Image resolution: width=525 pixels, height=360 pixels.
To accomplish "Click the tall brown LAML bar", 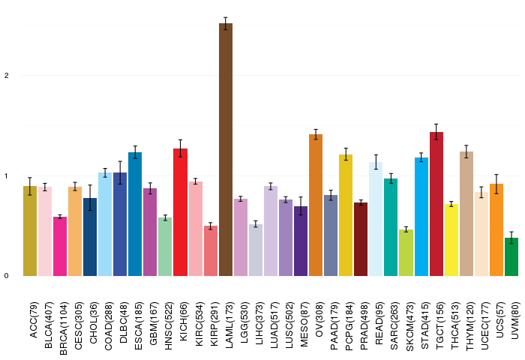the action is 226,150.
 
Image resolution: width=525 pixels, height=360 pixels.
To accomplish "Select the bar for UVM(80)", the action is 511,256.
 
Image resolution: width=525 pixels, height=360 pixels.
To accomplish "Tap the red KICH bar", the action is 181,212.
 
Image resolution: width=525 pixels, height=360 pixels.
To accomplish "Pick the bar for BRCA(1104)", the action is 60,247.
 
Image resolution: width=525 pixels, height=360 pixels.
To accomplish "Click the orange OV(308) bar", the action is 316,205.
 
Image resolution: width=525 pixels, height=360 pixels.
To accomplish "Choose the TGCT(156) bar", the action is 436,204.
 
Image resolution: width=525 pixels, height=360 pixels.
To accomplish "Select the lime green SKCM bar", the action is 406,253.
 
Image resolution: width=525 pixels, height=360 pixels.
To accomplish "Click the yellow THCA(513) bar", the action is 451,240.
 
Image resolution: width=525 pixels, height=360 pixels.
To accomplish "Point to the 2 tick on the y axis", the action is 6,76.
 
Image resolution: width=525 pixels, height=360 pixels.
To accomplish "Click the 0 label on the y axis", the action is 6,276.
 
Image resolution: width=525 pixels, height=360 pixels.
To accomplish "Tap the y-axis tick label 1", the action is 6,175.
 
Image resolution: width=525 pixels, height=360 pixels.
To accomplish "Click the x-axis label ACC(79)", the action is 34,320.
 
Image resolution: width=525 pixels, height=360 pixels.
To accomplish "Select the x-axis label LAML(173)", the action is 229,325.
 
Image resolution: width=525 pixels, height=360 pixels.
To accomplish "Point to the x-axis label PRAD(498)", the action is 364,326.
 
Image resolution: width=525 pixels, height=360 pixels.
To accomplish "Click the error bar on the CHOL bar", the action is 90,197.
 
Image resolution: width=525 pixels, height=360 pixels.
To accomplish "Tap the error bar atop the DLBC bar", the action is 120,172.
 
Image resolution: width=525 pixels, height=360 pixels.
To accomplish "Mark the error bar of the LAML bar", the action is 226,23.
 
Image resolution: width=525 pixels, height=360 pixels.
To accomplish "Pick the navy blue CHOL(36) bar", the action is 90,237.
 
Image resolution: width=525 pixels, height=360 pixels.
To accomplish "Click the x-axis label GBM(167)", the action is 154,323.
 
